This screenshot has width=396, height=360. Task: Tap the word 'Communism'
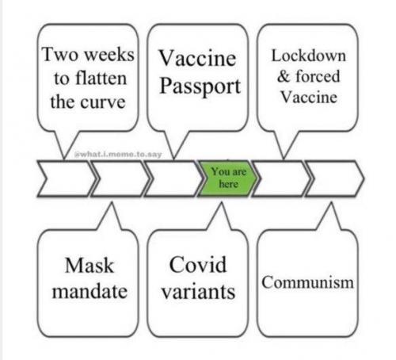(x=307, y=281)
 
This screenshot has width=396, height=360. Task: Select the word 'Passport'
(x=200, y=86)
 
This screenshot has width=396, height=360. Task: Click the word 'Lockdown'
(x=309, y=56)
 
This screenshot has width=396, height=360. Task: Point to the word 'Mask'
(x=89, y=265)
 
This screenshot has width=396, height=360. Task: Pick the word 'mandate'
(x=89, y=291)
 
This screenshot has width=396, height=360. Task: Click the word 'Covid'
(x=198, y=264)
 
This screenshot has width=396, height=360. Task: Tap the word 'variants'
(x=198, y=292)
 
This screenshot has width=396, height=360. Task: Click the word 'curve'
(x=103, y=103)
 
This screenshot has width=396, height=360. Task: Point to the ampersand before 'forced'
(x=284, y=77)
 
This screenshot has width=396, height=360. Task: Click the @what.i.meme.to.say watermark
(x=118, y=155)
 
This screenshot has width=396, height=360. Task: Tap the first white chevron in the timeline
(x=67, y=178)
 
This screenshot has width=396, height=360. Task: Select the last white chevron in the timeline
(x=335, y=178)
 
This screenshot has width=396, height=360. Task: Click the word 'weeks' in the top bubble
(x=109, y=55)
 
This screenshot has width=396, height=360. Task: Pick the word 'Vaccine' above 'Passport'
(x=197, y=58)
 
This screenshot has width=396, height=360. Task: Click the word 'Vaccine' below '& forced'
(x=309, y=97)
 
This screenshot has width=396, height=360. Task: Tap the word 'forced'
(x=318, y=76)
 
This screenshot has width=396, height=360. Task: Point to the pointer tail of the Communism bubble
(x=330, y=216)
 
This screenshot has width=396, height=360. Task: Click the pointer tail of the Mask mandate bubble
(x=111, y=216)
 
